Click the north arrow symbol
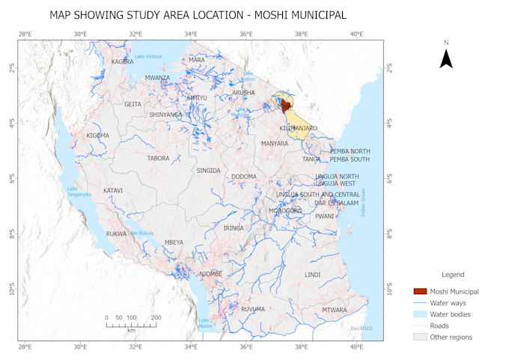pyautogui.click(x=445, y=58)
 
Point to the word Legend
pyautogui.click(x=452, y=275)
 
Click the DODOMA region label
pyautogui.click(x=243, y=177)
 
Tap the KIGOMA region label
pyautogui.click(x=97, y=135)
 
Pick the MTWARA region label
pyautogui.click(x=334, y=310)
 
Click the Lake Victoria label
pyautogui.click(x=147, y=57)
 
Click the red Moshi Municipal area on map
pyautogui.click(x=285, y=106)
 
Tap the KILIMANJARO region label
pyautogui.click(x=298, y=128)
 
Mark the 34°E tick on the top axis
pyautogui.click(x=191, y=34)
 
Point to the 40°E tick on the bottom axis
pyautogui.click(x=356, y=347)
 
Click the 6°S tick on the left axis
pyautogui.click(x=12, y=178)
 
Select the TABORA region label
pyautogui.click(x=158, y=158)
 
